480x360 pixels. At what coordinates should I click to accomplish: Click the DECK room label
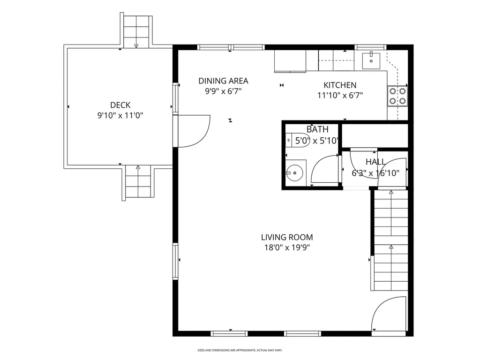coord(120,105)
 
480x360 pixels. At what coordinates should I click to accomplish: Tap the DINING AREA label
coord(223,81)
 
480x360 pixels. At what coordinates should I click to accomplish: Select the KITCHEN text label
coord(340,85)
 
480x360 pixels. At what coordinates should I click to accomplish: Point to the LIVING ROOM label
coord(287,237)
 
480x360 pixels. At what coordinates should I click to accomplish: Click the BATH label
coord(317,129)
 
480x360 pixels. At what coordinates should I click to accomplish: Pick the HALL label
coord(375,162)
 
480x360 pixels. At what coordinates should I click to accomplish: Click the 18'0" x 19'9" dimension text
coord(287,247)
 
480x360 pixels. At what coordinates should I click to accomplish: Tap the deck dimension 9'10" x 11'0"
coord(120,116)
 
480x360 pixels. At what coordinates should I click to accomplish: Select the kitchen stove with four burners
coord(397,96)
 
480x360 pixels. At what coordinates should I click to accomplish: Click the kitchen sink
coord(371,61)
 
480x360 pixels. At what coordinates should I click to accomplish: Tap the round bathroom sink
coord(294,173)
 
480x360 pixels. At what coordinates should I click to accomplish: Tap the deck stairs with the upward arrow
coord(138,182)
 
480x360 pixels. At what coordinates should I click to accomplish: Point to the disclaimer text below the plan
coord(240,350)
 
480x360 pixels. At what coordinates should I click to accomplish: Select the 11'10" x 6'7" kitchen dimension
coord(340,96)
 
